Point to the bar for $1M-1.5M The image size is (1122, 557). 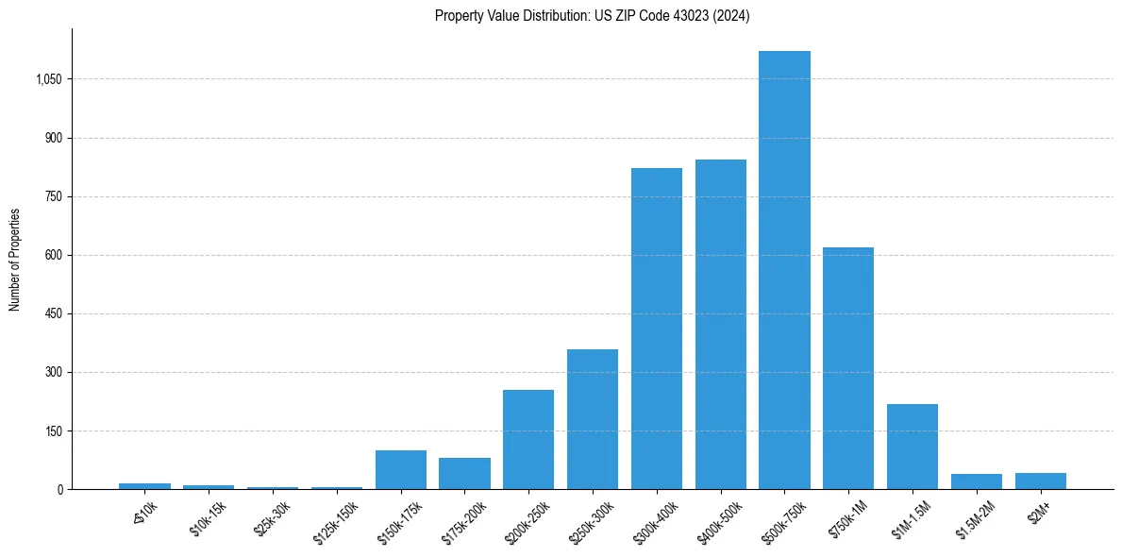tap(913, 447)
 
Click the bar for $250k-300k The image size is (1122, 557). tap(593, 419)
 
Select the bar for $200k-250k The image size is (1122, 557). tap(528, 439)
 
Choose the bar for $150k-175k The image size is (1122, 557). tap(401, 470)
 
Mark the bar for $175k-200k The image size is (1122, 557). tap(464, 474)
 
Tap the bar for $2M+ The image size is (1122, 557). tap(1040, 481)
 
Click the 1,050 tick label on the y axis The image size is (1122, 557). tap(48, 79)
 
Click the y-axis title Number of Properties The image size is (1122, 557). tap(15, 260)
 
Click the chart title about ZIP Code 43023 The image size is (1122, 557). tap(592, 16)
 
